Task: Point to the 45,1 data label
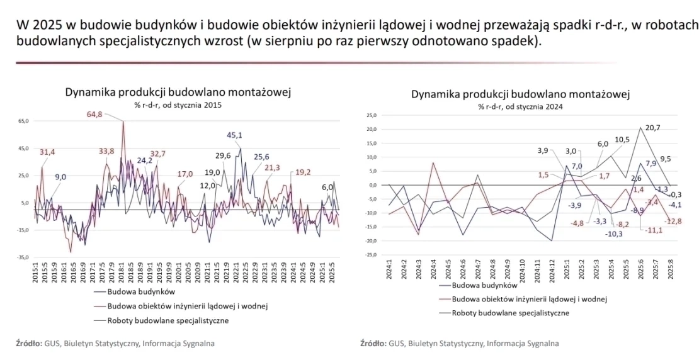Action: click(x=235, y=135)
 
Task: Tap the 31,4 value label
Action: click(x=47, y=152)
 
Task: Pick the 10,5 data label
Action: click(x=622, y=140)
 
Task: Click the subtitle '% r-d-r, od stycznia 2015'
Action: click(x=178, y=105)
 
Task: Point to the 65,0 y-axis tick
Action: click(x=23, y=120)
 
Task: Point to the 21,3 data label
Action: click(x=271, y=168)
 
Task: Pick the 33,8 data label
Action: click(x=106, y=151)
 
